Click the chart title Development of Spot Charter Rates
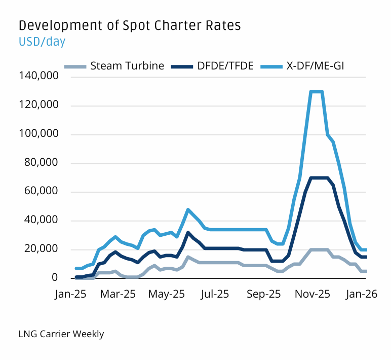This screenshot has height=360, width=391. tap(129, 25)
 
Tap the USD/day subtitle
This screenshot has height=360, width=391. tap(42, 42)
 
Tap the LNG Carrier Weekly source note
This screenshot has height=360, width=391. tap(61, 334)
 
